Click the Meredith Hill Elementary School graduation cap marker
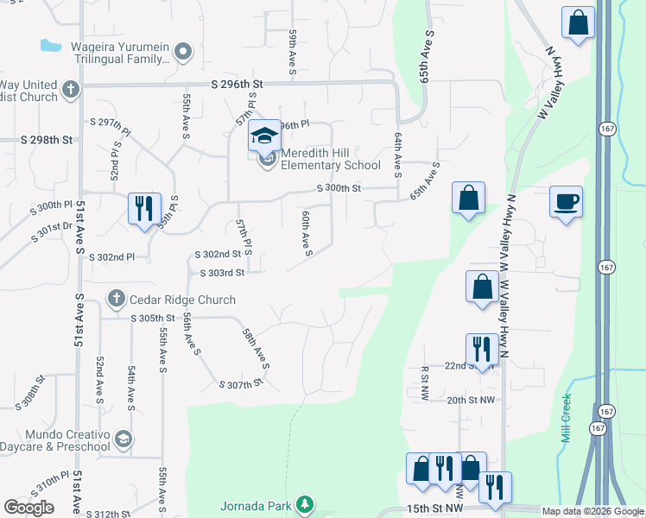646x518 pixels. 265,136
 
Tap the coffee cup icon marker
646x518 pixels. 566,202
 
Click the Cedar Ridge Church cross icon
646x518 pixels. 116,299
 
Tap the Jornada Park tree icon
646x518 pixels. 303,503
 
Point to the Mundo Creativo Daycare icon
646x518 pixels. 123,439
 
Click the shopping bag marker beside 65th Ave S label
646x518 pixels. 467,199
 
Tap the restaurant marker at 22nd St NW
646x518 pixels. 481,349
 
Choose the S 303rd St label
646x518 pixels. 222,273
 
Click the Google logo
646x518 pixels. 28,507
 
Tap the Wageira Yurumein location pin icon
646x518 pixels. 181,53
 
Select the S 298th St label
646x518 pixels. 46,140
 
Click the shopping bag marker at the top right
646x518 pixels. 578,23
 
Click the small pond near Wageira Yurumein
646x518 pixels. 51,44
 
